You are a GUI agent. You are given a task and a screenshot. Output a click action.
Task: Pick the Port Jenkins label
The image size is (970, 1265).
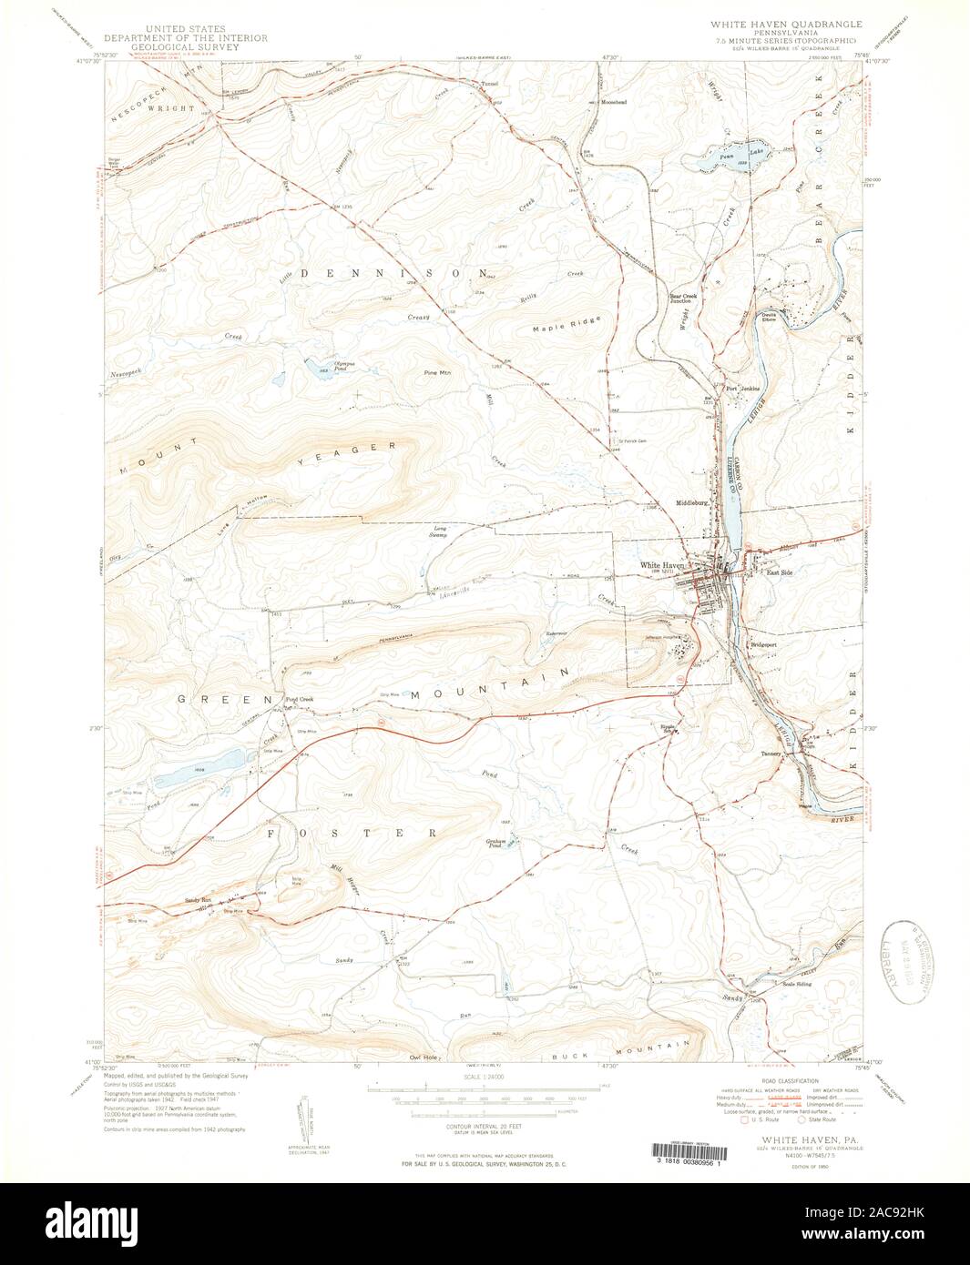tap(742, 389)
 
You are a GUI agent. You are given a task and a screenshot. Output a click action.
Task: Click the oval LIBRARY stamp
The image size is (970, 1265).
tap(908, 962)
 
